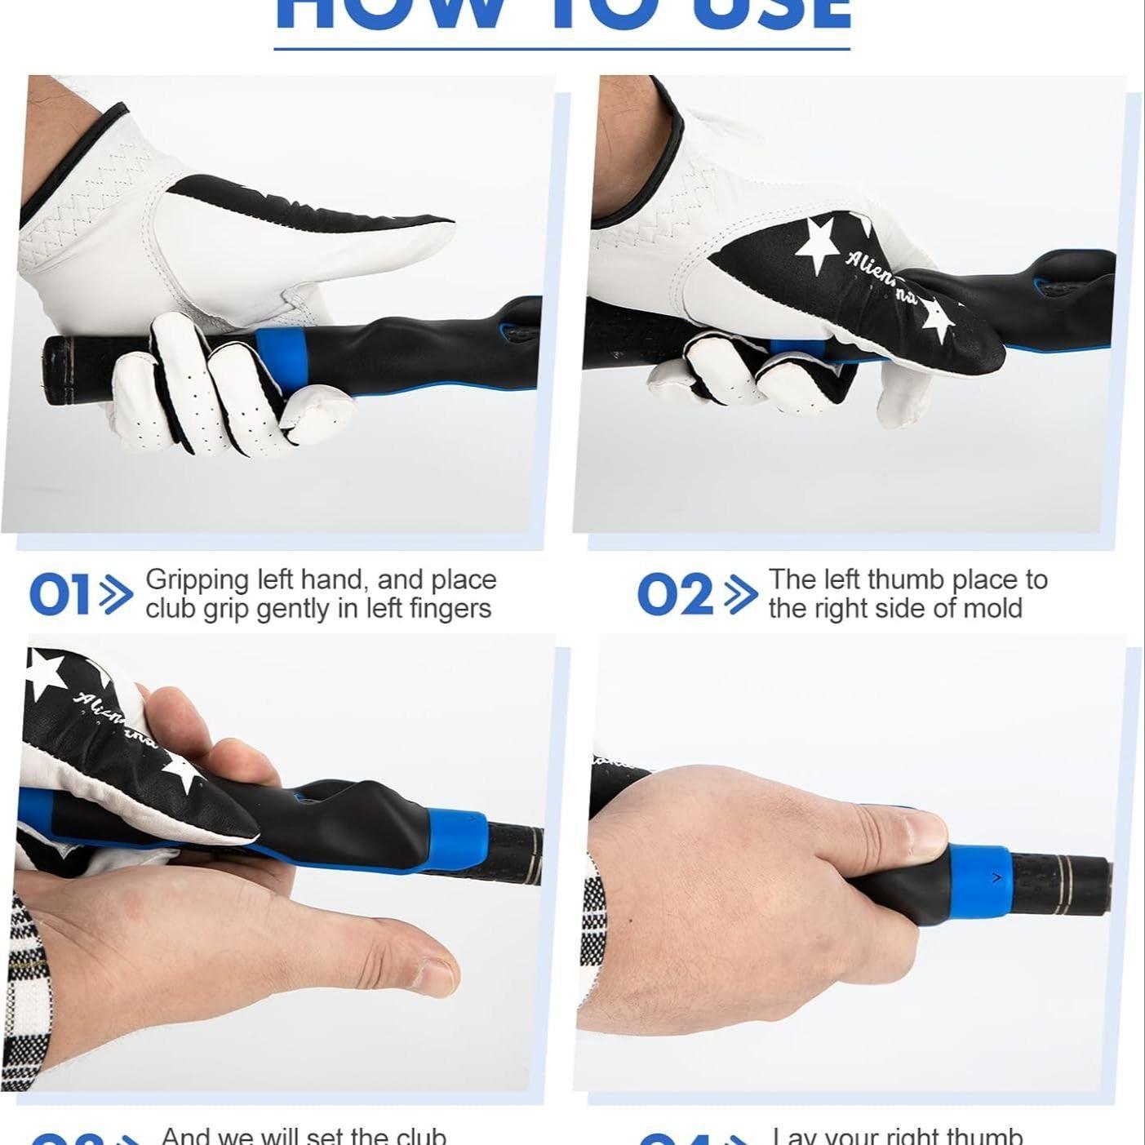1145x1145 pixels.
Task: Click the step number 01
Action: point(59,595)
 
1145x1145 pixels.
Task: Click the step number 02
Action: point(674,595)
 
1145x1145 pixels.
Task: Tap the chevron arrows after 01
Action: point(116,595)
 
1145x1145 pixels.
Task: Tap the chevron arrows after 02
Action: point(740,595)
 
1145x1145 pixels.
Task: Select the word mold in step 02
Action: point(992,609)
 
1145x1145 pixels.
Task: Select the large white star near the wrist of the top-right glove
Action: point(816,242)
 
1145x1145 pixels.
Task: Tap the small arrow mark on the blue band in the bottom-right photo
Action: point(996,877)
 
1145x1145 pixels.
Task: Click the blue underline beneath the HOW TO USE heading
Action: point(561,49)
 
